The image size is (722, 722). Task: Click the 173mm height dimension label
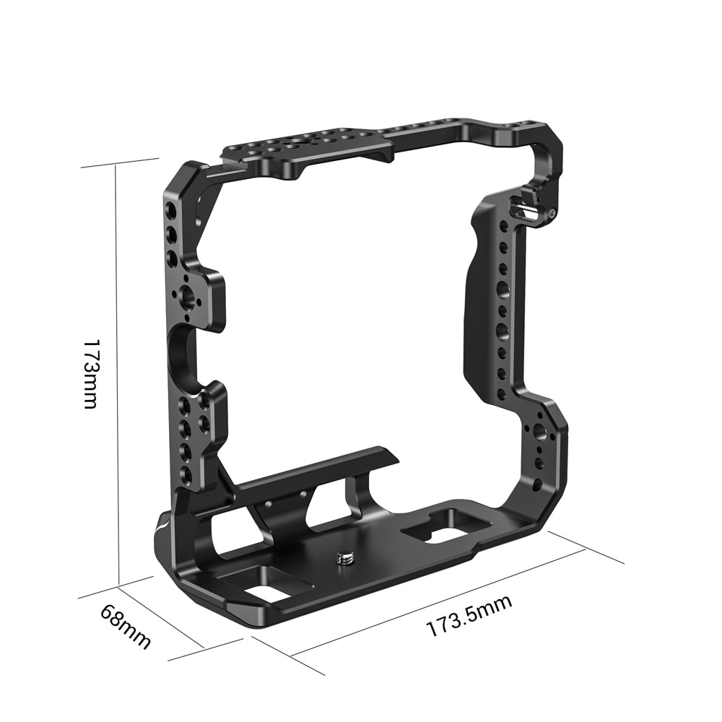tap(90, 373)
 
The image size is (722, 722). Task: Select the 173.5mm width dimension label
tap(469, 616)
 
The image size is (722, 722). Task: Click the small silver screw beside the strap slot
tap(552, 213)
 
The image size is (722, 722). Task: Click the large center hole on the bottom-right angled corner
tap(540, 430)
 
